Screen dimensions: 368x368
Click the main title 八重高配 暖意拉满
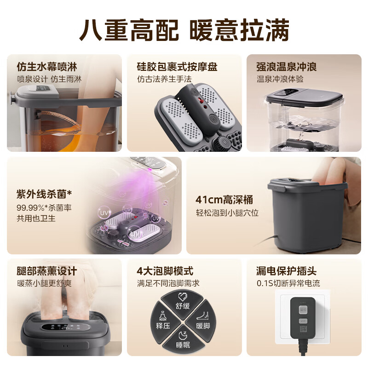(x=184, y=30)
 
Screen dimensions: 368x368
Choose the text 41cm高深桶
(x=224, y=200)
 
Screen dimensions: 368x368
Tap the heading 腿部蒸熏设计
(x=46, y=271)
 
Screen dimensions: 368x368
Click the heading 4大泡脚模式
(x=165, y=271)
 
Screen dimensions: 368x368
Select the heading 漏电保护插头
(x=286, y=271)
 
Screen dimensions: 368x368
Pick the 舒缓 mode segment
(x=183, y=302)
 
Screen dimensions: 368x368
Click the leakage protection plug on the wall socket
(x=302, y=317)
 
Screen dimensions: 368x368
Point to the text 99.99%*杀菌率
(x=44, y=207)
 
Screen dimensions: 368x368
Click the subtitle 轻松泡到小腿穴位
(x=227, y=213)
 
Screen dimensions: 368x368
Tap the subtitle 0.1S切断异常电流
(x=288, y=283)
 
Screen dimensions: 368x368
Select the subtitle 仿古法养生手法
(x=164, y=79)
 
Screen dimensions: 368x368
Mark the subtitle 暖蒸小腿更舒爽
(x=45, y=283)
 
